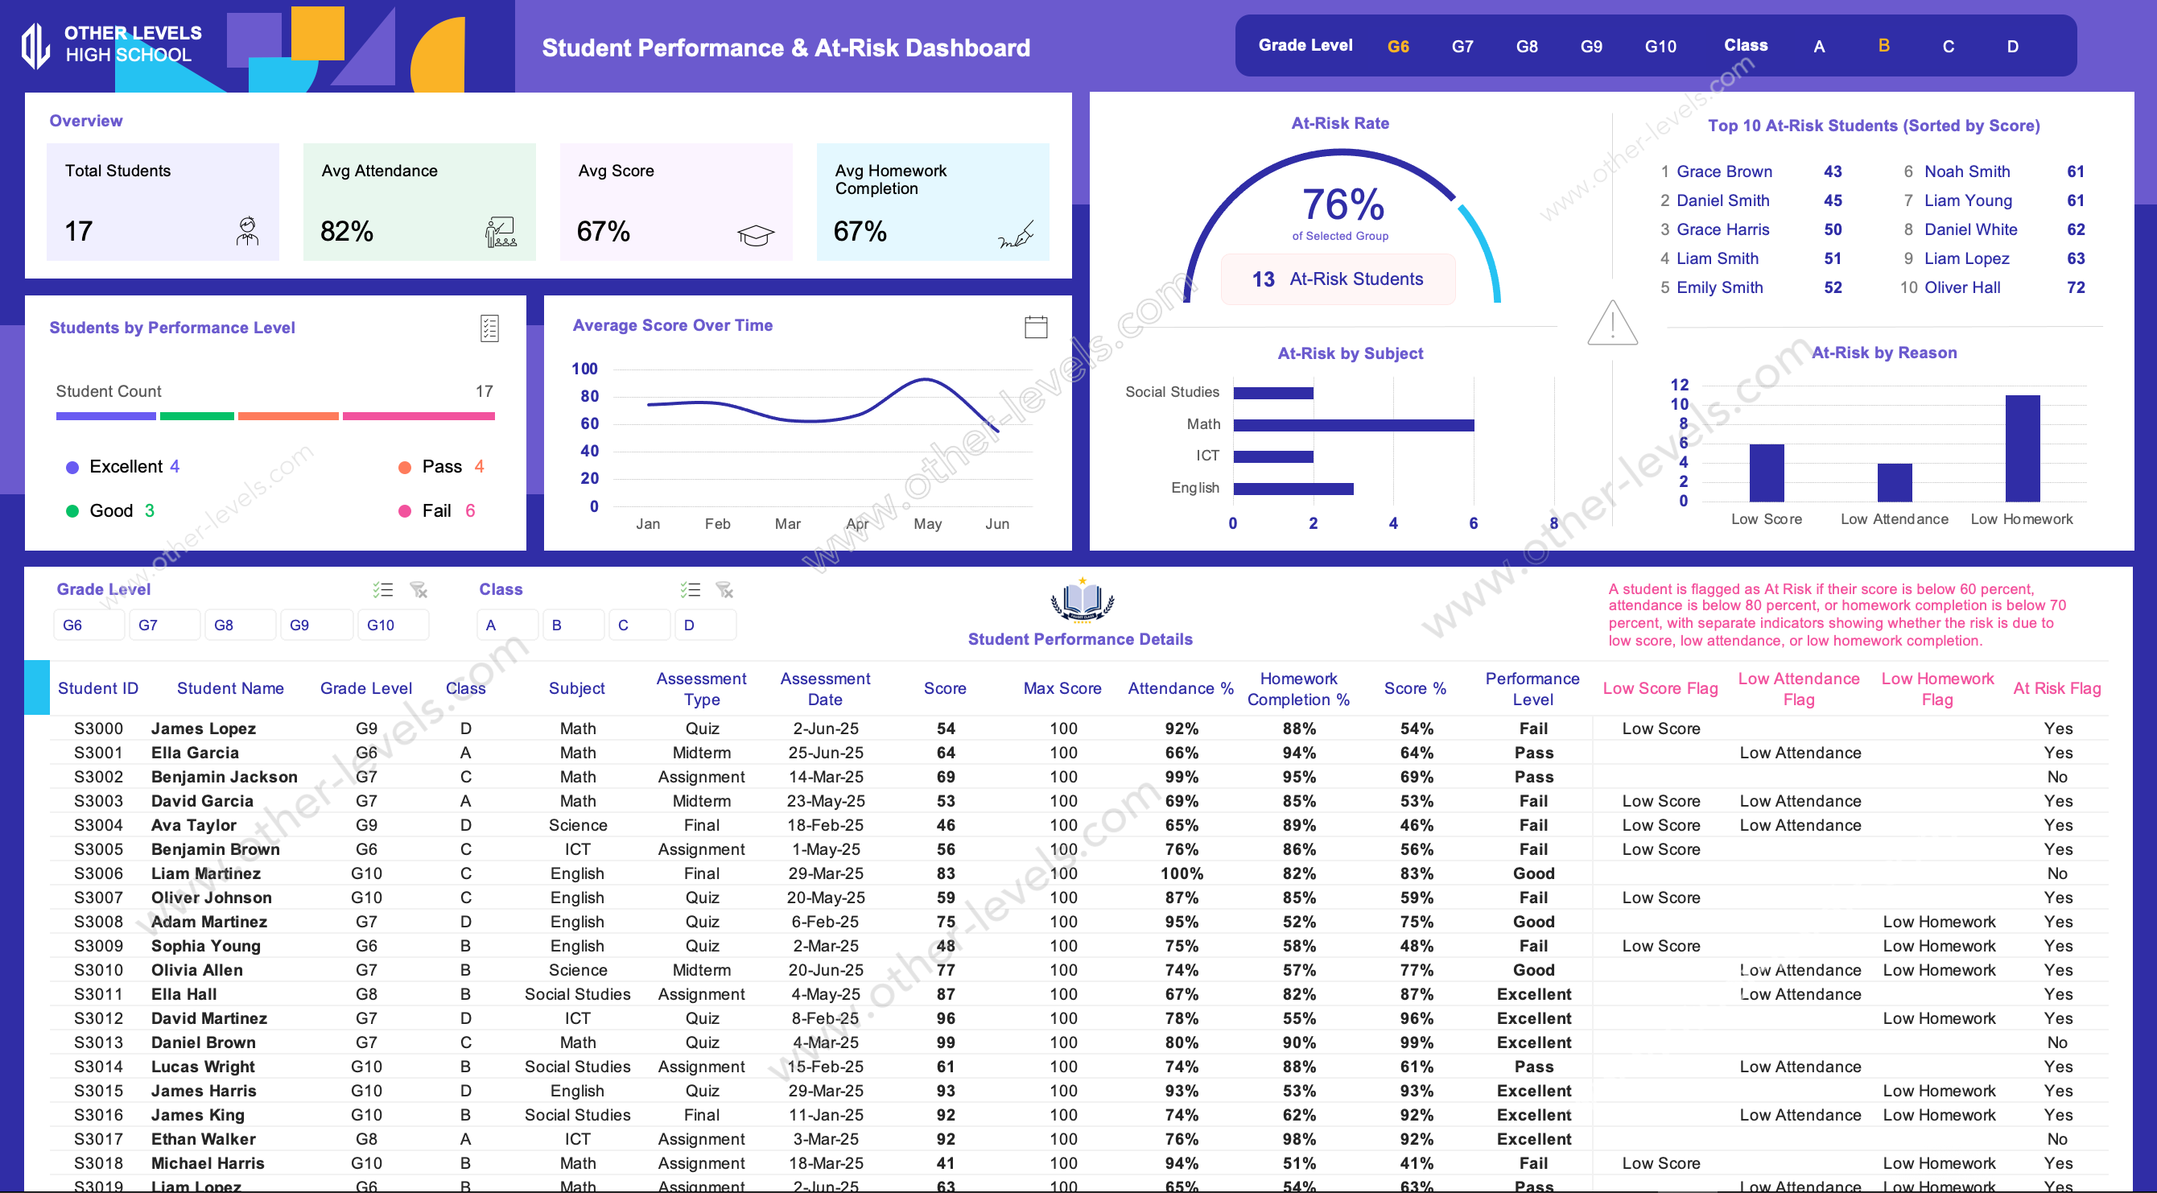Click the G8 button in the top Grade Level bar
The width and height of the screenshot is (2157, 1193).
[x=1527, y=46]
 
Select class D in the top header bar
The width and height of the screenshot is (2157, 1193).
[x=2012, y=46]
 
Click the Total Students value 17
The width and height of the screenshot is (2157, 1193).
[x=79, y=231]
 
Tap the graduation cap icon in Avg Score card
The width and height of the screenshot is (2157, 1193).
[x=755, y=235]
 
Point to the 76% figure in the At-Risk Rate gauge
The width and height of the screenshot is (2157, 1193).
[x=1342, y=204]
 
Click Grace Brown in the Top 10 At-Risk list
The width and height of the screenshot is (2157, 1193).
[x=1724, y=171]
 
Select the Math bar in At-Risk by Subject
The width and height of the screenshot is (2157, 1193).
[x=1353, y=425]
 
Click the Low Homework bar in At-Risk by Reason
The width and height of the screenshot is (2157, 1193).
[x=2021, y=448]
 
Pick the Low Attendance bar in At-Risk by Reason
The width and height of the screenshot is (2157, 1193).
[x=1894, y=482]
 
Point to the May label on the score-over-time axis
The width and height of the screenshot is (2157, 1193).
[x=927, y=523]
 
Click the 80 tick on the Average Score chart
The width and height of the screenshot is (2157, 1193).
[x=589, y=396]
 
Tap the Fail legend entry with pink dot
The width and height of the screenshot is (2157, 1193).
[x=436, y=511]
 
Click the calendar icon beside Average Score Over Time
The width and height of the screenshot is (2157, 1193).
[x=1036, y=327]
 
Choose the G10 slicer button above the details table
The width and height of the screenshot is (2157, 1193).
[x=381, y=625]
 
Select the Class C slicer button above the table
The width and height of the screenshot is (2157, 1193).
[x=623, y=625]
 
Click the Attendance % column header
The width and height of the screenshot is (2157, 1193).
[x=1180, y=687]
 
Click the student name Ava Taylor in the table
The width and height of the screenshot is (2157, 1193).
[x=193, y=825]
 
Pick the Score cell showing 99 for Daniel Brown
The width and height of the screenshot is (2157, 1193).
[x=946, y=1042]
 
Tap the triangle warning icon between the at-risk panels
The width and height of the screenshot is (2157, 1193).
[x=1612, y=324]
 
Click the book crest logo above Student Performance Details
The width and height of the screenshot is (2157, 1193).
[x=1082, y=601]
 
